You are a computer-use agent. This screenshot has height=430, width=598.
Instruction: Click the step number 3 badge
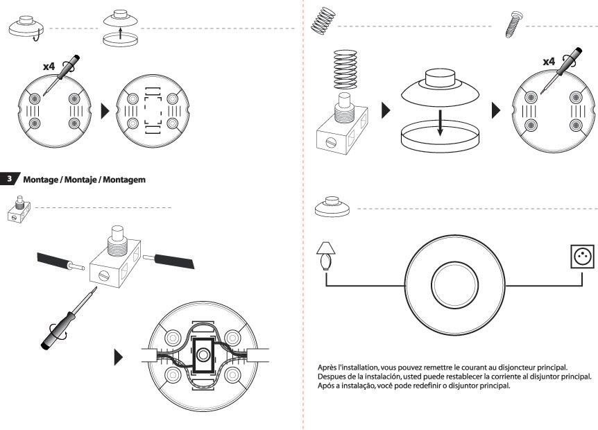(9, 178)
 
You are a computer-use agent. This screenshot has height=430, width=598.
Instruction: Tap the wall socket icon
(582, 257)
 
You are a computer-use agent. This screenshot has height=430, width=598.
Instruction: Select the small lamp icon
(325, 256)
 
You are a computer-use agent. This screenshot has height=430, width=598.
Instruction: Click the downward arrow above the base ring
(440, 123)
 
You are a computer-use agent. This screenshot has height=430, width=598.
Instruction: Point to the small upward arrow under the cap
(121, 33)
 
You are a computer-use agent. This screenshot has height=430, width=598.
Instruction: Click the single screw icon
(514, 24)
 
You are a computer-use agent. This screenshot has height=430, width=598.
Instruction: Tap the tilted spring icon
(323, 21)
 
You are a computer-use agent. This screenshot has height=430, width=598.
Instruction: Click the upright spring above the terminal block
(345, 70)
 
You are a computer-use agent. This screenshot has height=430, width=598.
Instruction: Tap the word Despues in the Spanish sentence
(330, 377)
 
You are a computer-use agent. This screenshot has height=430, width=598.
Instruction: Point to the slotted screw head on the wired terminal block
(105, 275)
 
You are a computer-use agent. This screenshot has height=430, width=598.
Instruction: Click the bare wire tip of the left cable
(78, 266)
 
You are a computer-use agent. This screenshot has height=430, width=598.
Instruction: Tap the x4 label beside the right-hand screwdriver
(549, 61)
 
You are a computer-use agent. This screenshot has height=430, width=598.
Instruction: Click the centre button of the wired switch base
(203, 355)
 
